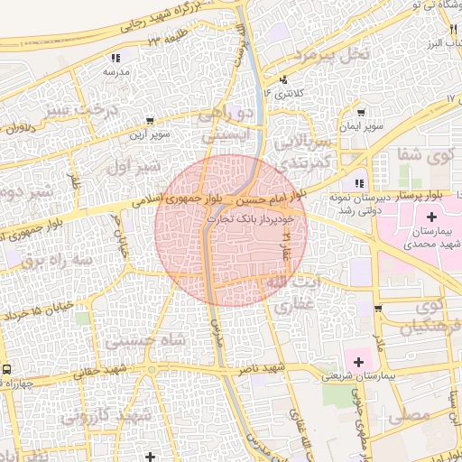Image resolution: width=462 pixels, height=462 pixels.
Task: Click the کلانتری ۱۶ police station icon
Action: pos(284,79)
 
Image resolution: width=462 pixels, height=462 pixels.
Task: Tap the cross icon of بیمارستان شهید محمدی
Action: pos(431,217)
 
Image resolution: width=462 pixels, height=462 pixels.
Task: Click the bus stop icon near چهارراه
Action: pos(7,369)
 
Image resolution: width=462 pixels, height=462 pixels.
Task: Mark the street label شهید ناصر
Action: pos(262,370)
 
